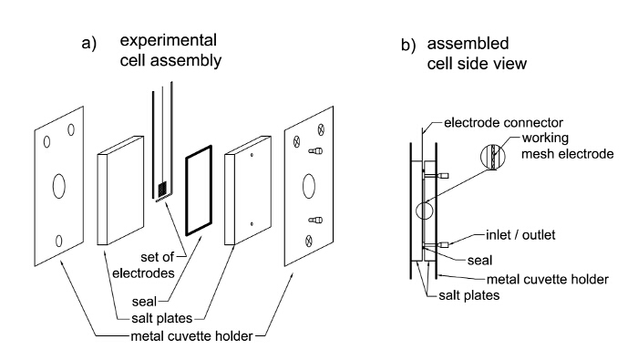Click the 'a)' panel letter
[88, 43]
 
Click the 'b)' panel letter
[408, 45]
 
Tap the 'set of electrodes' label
[143, 265]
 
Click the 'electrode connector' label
[503, 122]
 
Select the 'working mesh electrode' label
[568, 146]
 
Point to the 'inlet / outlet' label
[520, 235]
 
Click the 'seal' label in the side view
[479, 261]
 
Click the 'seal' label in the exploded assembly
[144, 302]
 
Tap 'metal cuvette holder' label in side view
[547, 280]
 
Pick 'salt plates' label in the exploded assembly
[161, 318]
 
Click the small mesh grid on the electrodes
[162, 189]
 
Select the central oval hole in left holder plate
[59, 186]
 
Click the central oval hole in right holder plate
[309, 186]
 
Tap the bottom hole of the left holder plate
[58, 242]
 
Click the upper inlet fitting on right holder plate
[315, 151]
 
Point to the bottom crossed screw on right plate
[308, 242]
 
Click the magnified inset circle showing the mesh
[493, 157]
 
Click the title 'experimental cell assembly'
[170, 50]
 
